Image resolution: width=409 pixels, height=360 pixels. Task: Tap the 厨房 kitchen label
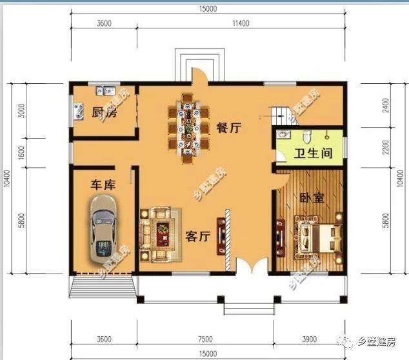(105, 112)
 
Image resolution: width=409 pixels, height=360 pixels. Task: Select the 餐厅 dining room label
(229, 128)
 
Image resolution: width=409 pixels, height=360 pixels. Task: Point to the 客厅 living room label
(198, 236)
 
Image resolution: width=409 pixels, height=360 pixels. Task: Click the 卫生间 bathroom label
(314, 153)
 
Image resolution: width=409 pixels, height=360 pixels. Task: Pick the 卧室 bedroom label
(312, 198)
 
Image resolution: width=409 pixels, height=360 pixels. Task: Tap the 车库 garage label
(103, 185)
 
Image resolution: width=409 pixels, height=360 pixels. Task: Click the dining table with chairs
(188, 128)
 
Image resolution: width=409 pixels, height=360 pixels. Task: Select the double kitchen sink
(106, 90)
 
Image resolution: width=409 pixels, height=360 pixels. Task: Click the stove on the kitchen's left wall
(79, 112)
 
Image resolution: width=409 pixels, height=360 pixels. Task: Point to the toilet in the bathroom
(307, 135)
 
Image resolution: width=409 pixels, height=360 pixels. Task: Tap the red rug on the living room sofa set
(163, 234)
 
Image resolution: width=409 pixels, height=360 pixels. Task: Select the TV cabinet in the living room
(221, 236)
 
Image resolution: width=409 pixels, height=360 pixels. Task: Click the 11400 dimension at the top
(241, 23)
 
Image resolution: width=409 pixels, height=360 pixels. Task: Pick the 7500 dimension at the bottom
(205, 339)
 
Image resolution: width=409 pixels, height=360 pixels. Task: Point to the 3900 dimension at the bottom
(310, 339)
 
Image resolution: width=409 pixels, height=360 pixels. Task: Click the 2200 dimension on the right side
(386, 147)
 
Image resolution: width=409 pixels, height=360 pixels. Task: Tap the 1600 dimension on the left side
(22, 153)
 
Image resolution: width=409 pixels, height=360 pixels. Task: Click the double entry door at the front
(252, 266)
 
